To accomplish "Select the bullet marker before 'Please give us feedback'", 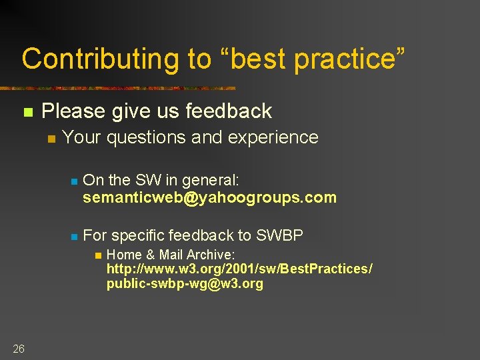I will click(27, 112).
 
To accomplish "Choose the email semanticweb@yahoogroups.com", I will click(209, 198).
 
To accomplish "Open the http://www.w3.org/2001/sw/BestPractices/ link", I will click(239, 269).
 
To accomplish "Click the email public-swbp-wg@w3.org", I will click(185, 283).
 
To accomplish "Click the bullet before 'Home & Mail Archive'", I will click(97, 255).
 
